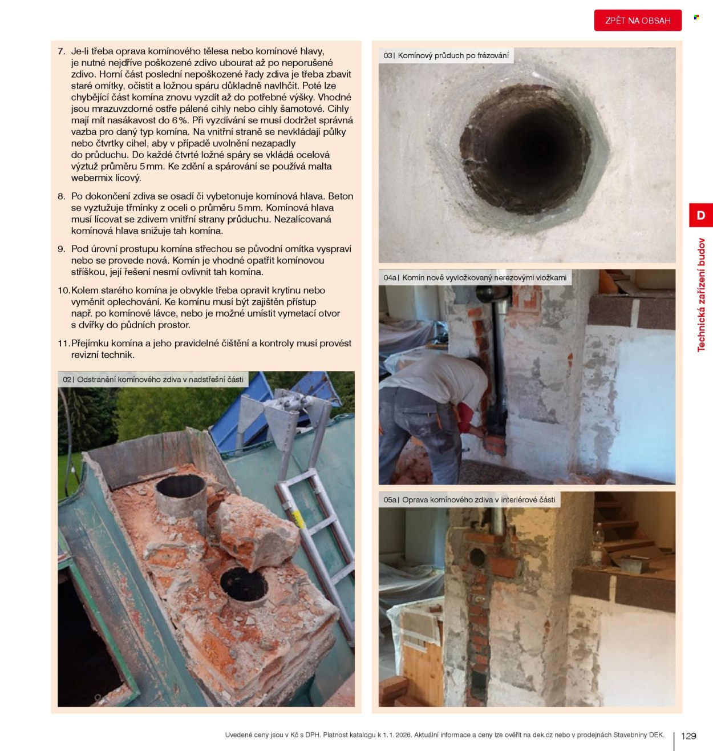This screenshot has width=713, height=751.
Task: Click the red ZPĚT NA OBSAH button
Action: click(x=637, y=20)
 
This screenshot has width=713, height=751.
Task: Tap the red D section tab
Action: click(x=701, y=215)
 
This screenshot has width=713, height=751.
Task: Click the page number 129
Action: click(x=688, y=736)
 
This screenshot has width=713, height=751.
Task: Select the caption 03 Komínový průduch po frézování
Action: click(x=446, y=55)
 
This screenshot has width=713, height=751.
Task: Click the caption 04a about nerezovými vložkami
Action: click(x=475, y=277)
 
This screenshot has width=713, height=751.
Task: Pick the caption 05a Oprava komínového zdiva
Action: click(x=469, y=499)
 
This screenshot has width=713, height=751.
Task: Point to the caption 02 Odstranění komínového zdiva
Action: click(x=153, y=379)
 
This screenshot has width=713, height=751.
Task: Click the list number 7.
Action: click(x=62, y=51)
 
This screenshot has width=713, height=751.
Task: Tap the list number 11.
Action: click(x=63, y=344)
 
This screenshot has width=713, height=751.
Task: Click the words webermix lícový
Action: click(x=106, y=177)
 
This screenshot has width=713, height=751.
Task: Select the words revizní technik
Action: click(x=103, y=354)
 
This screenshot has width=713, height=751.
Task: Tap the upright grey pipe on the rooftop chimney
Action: click(x=181, y=500)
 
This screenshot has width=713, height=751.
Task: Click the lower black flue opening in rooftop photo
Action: click(x=244, y=584)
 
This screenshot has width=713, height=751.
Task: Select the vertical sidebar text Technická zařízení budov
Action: click(x=701, y=294)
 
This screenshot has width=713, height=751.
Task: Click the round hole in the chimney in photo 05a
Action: click(x=477, y=557)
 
